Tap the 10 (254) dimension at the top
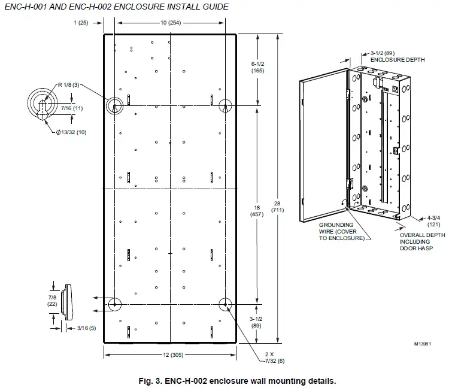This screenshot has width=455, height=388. [171, 22]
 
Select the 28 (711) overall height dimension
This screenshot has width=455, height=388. [277, 207]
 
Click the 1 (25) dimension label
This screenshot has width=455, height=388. [81, 22]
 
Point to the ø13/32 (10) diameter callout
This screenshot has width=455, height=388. [71, 132]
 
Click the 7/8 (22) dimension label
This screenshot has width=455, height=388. [52, 301]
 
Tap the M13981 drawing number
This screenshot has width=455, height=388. [423, 344]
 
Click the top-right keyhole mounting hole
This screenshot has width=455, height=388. [225, 105]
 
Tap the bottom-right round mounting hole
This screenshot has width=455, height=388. [225, 304]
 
